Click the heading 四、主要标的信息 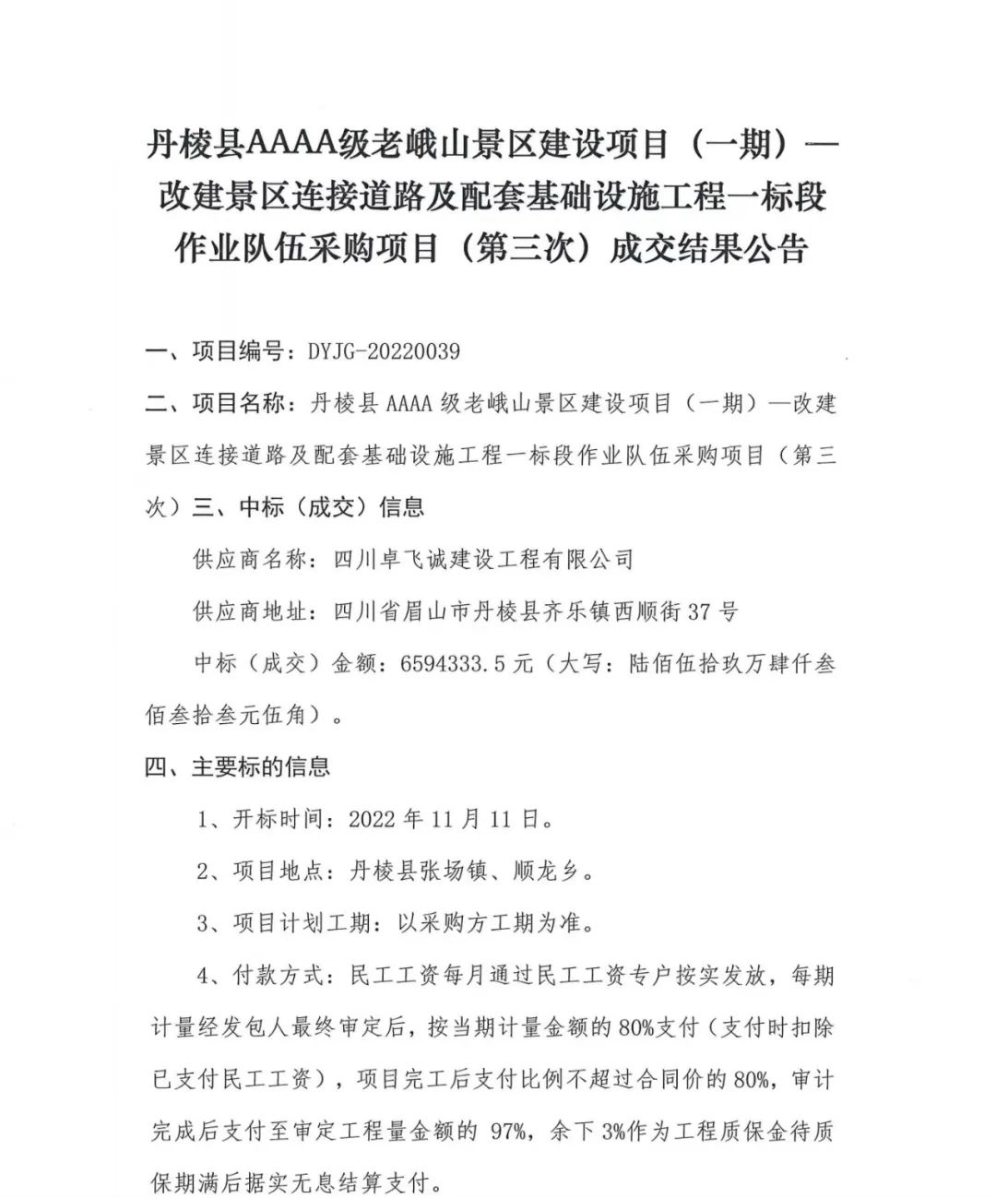point(237,767)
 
